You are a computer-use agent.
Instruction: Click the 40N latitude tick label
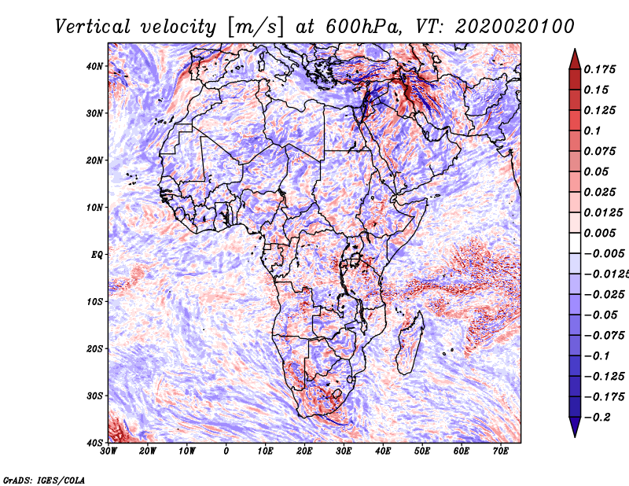point(94,66)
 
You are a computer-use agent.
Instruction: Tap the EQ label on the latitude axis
point(97,255)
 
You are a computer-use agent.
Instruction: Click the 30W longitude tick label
point(109,451)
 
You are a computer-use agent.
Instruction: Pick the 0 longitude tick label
point(226,451)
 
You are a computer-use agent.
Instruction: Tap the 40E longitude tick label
point(383,451)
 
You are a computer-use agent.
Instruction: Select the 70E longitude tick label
point(501,451)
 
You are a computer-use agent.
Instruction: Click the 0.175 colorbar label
point(599,70)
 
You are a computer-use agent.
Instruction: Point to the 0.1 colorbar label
point(593,131)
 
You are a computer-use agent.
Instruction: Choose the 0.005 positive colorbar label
point(599,233)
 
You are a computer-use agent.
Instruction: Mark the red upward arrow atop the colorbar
point(575,60)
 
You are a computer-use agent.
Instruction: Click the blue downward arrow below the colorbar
point(575,427)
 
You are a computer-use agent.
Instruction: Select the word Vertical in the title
point(93,27)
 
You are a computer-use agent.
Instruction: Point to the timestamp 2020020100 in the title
point(515,27)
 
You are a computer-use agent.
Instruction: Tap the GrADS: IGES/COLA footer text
point(44,480)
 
